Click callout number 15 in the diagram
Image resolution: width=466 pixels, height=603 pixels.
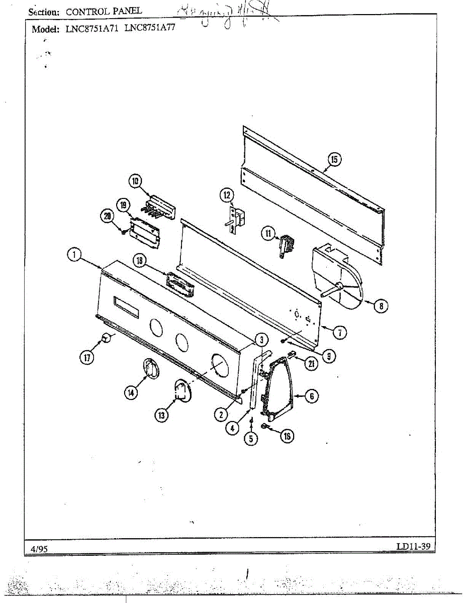point(334,160)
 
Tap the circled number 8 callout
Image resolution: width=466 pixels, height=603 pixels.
point(381,305)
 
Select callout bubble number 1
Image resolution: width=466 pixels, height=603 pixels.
point(74,255)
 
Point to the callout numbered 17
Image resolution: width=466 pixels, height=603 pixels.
point(87,357)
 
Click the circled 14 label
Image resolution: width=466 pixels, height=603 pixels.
point(131,392)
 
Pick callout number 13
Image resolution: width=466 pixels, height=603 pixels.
point(162,415)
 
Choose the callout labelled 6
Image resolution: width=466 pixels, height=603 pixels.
point(312,396)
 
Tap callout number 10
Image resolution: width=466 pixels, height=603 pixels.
point(135,181)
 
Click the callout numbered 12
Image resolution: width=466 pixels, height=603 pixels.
point(226,194)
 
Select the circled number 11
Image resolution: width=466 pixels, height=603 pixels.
point(268,233)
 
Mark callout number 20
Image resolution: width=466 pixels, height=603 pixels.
point(107,216)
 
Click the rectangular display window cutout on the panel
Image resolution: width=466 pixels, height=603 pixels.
point(126,306)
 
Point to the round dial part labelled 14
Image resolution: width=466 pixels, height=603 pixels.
point(150,369)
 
